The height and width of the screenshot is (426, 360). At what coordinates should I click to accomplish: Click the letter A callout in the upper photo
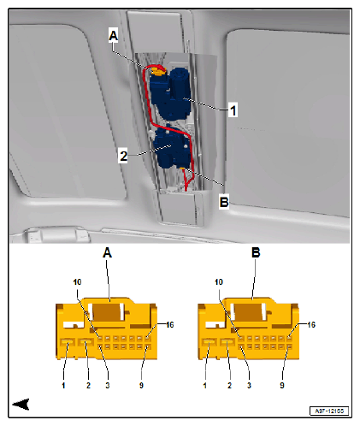pyautogui.click(x=113, y=34)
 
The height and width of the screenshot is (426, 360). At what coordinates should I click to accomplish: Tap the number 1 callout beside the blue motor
pyautogui.click(x=233, y=109)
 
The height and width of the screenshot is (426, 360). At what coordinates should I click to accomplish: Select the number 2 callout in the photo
pyautogui.click(x=123, y=155)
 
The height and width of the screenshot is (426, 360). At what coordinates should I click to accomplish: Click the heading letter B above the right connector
pyautogui.click(x=254, y=253)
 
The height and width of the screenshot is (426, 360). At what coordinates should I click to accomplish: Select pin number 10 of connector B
pyautogui.click(x=219, y=282)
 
